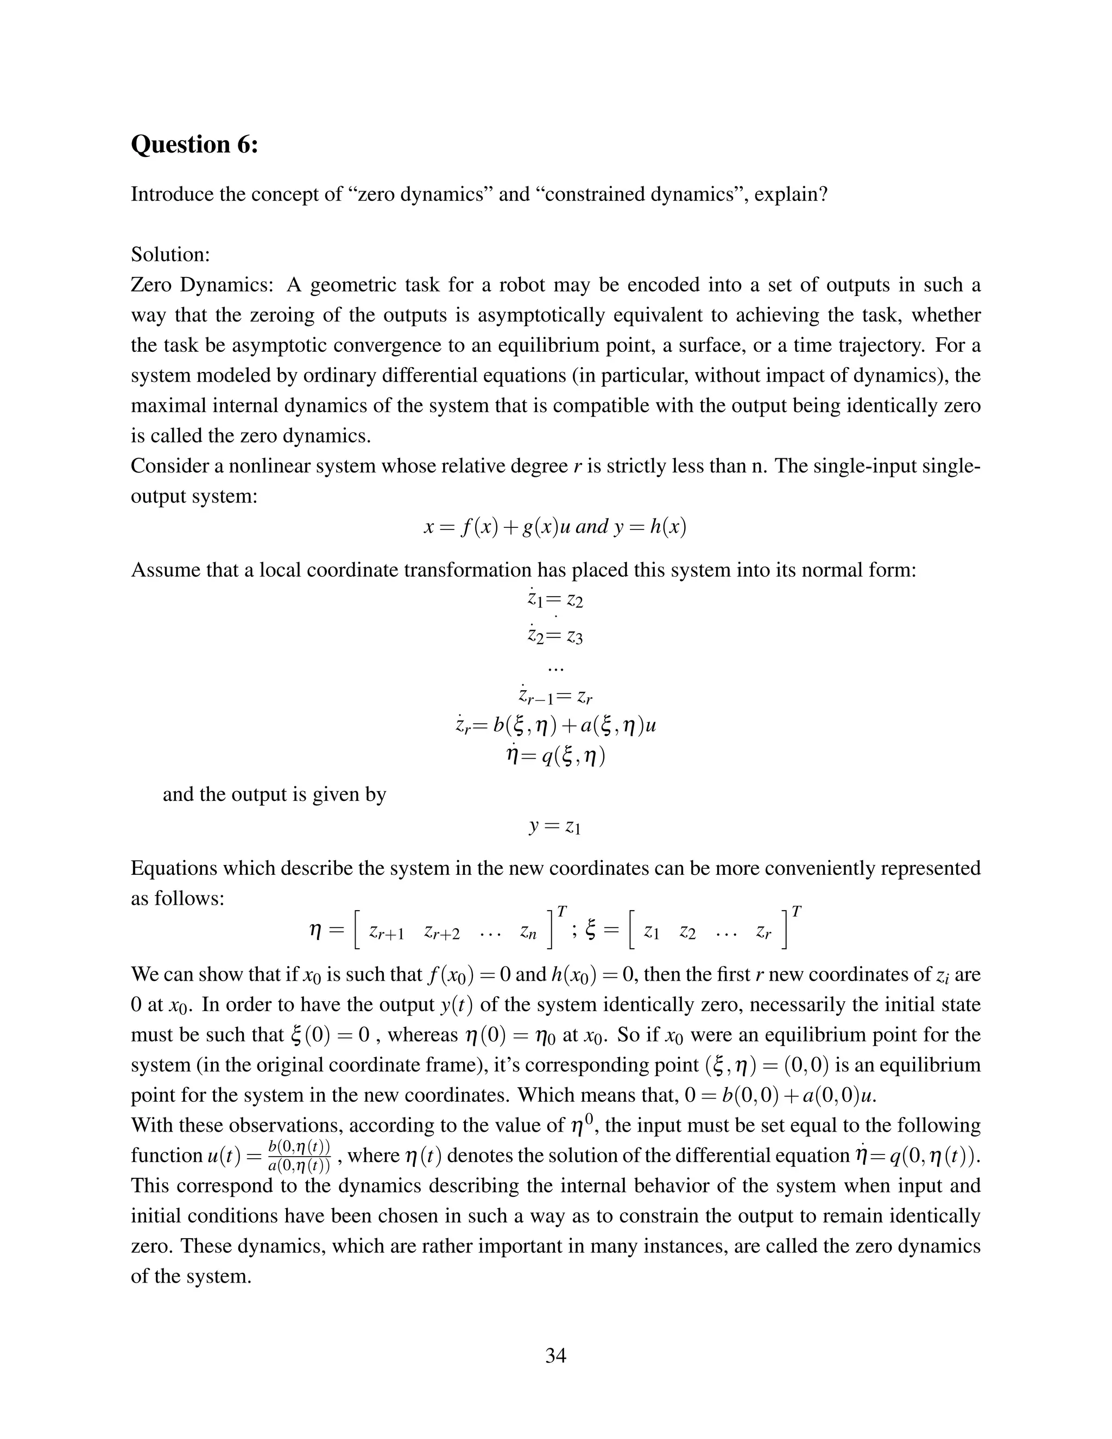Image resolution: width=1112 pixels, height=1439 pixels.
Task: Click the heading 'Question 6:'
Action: point(194,144)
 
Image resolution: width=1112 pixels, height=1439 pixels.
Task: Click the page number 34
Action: point(555,1355)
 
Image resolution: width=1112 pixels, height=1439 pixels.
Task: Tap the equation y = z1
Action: point(555,826)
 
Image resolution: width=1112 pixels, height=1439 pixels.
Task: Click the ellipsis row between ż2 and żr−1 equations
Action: point(555,668)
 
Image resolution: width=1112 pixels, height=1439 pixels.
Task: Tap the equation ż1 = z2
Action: point(555,600)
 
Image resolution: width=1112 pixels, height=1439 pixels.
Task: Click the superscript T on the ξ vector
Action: point(797,912)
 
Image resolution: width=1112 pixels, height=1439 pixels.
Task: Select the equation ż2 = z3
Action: point(555,636)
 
